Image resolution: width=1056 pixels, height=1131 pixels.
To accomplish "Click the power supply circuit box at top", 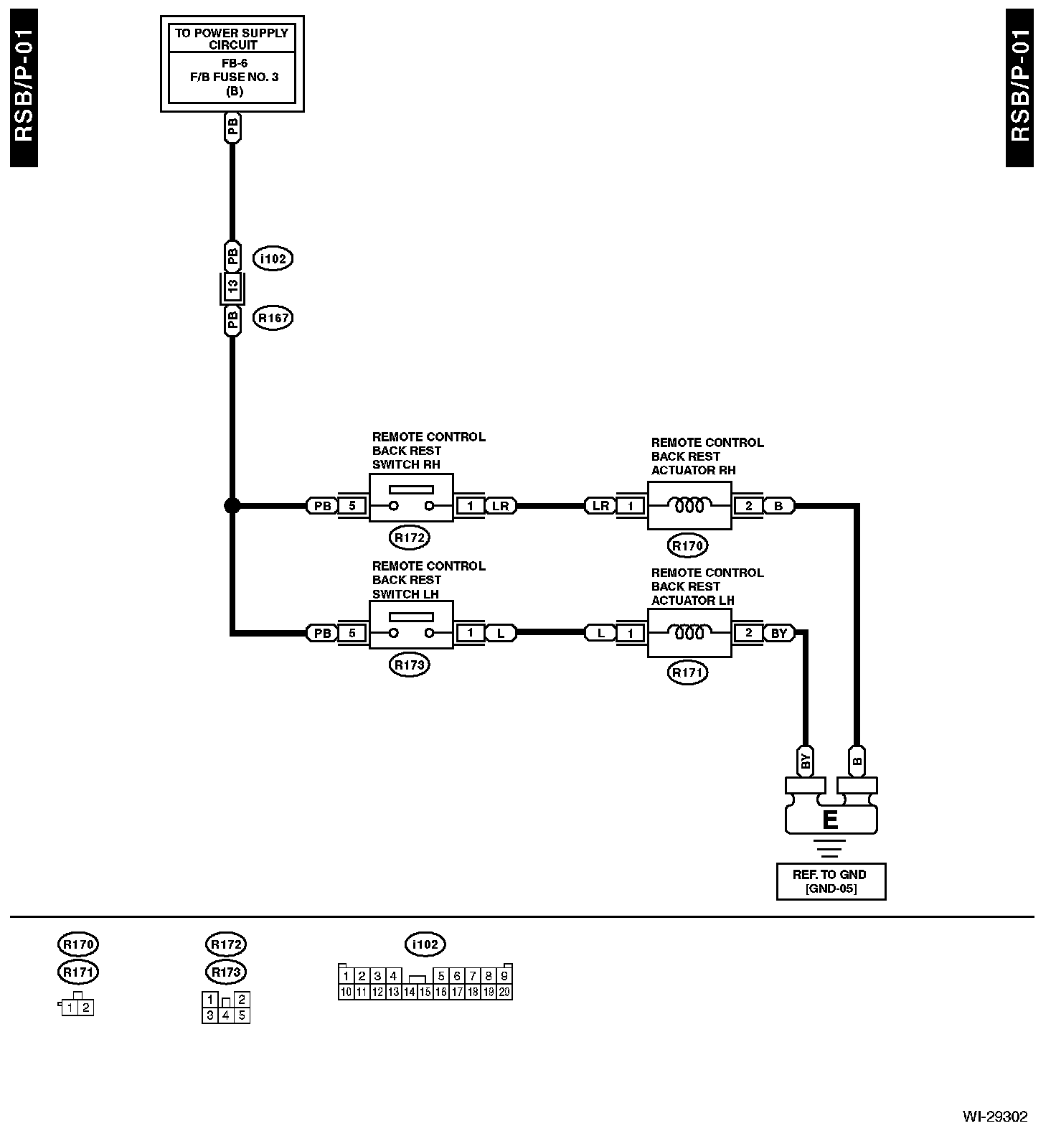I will pos(232,64).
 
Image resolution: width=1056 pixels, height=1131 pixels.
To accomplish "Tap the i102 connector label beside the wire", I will pos(273,258).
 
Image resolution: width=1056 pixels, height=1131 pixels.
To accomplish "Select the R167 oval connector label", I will pos(273,318).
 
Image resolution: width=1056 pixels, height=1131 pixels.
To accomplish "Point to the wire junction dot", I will pos(232,506).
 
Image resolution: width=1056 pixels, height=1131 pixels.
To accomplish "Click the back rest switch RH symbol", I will pos(411,500).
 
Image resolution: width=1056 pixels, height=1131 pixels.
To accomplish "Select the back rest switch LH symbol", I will pos(411,625).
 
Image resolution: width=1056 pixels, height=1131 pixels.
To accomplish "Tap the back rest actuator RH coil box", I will pos(689,505).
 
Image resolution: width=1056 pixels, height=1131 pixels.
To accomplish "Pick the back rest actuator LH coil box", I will pos(689,633).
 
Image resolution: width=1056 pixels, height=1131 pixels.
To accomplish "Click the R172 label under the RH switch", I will pos(410,537).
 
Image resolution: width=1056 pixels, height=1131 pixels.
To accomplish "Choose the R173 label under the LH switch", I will pos(410,665).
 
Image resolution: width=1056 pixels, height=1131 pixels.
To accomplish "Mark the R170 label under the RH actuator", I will pos(687,546).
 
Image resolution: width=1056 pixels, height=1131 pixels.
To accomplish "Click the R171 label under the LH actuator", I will pos(687,673).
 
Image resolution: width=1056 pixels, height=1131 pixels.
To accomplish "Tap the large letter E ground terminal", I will pos(831,820).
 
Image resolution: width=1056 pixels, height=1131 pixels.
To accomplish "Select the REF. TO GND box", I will pos(831,881).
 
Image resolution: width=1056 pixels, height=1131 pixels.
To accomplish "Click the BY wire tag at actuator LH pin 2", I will pos(779,633).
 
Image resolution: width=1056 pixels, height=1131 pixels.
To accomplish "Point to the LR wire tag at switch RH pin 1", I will pos(501,506).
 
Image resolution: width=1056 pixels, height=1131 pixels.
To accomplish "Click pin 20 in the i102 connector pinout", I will pos(504,992).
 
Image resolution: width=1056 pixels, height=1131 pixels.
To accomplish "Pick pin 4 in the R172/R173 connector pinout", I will pos(226,1015).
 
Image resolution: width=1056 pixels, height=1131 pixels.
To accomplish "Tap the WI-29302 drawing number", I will pos(994,1117).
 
